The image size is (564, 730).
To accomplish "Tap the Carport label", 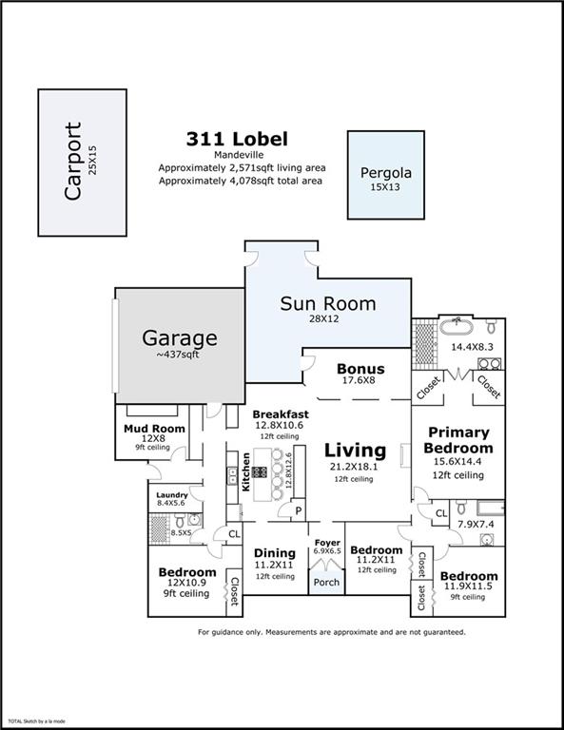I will (x=73, y=162).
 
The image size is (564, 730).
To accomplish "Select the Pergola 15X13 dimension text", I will (x=384, y=187).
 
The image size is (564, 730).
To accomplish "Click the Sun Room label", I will (x=327, y=304).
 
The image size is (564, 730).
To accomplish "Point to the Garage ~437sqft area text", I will (x=180, y=355).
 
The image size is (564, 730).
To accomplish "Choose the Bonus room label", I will (x=360, y=369).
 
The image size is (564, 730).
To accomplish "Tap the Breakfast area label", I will (x=280, y=414).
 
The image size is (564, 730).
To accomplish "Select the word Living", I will (x=355, y=450).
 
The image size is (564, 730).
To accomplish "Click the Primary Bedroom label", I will (x=458, y=440).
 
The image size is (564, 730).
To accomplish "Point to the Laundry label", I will (x=172, y=494).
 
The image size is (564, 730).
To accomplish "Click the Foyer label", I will (x=327, y=543).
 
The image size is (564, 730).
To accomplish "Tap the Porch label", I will (x=327, y=583).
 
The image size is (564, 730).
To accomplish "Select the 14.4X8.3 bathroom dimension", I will (x=471, y=347).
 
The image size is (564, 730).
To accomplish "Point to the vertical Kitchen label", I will (x=245, y=471).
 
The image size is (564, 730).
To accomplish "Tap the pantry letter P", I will (x=298, y=510).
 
